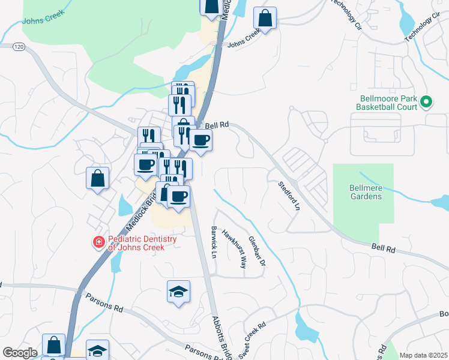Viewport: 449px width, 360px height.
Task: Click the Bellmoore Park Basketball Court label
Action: [387, 103]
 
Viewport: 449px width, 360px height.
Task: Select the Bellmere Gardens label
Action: [366, 191]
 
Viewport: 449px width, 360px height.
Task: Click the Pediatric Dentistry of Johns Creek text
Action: [142, 243]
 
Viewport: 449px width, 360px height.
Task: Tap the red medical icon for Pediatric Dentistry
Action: [97, 243]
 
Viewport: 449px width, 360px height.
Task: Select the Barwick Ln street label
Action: [213, 242]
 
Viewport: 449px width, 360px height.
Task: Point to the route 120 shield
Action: [18, 46]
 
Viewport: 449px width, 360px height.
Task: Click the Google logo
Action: [20, 352]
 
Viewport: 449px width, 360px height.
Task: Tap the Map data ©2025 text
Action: [424, 355]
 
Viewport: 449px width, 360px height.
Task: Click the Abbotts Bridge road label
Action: [221, 338]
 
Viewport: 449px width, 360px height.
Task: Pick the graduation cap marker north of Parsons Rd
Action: [178, 292]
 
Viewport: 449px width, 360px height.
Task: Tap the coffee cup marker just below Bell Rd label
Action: [200, 140]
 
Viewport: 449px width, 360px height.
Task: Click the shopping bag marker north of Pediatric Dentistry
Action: [97, 178]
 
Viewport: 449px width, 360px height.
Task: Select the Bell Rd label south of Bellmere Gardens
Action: [383, 248]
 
